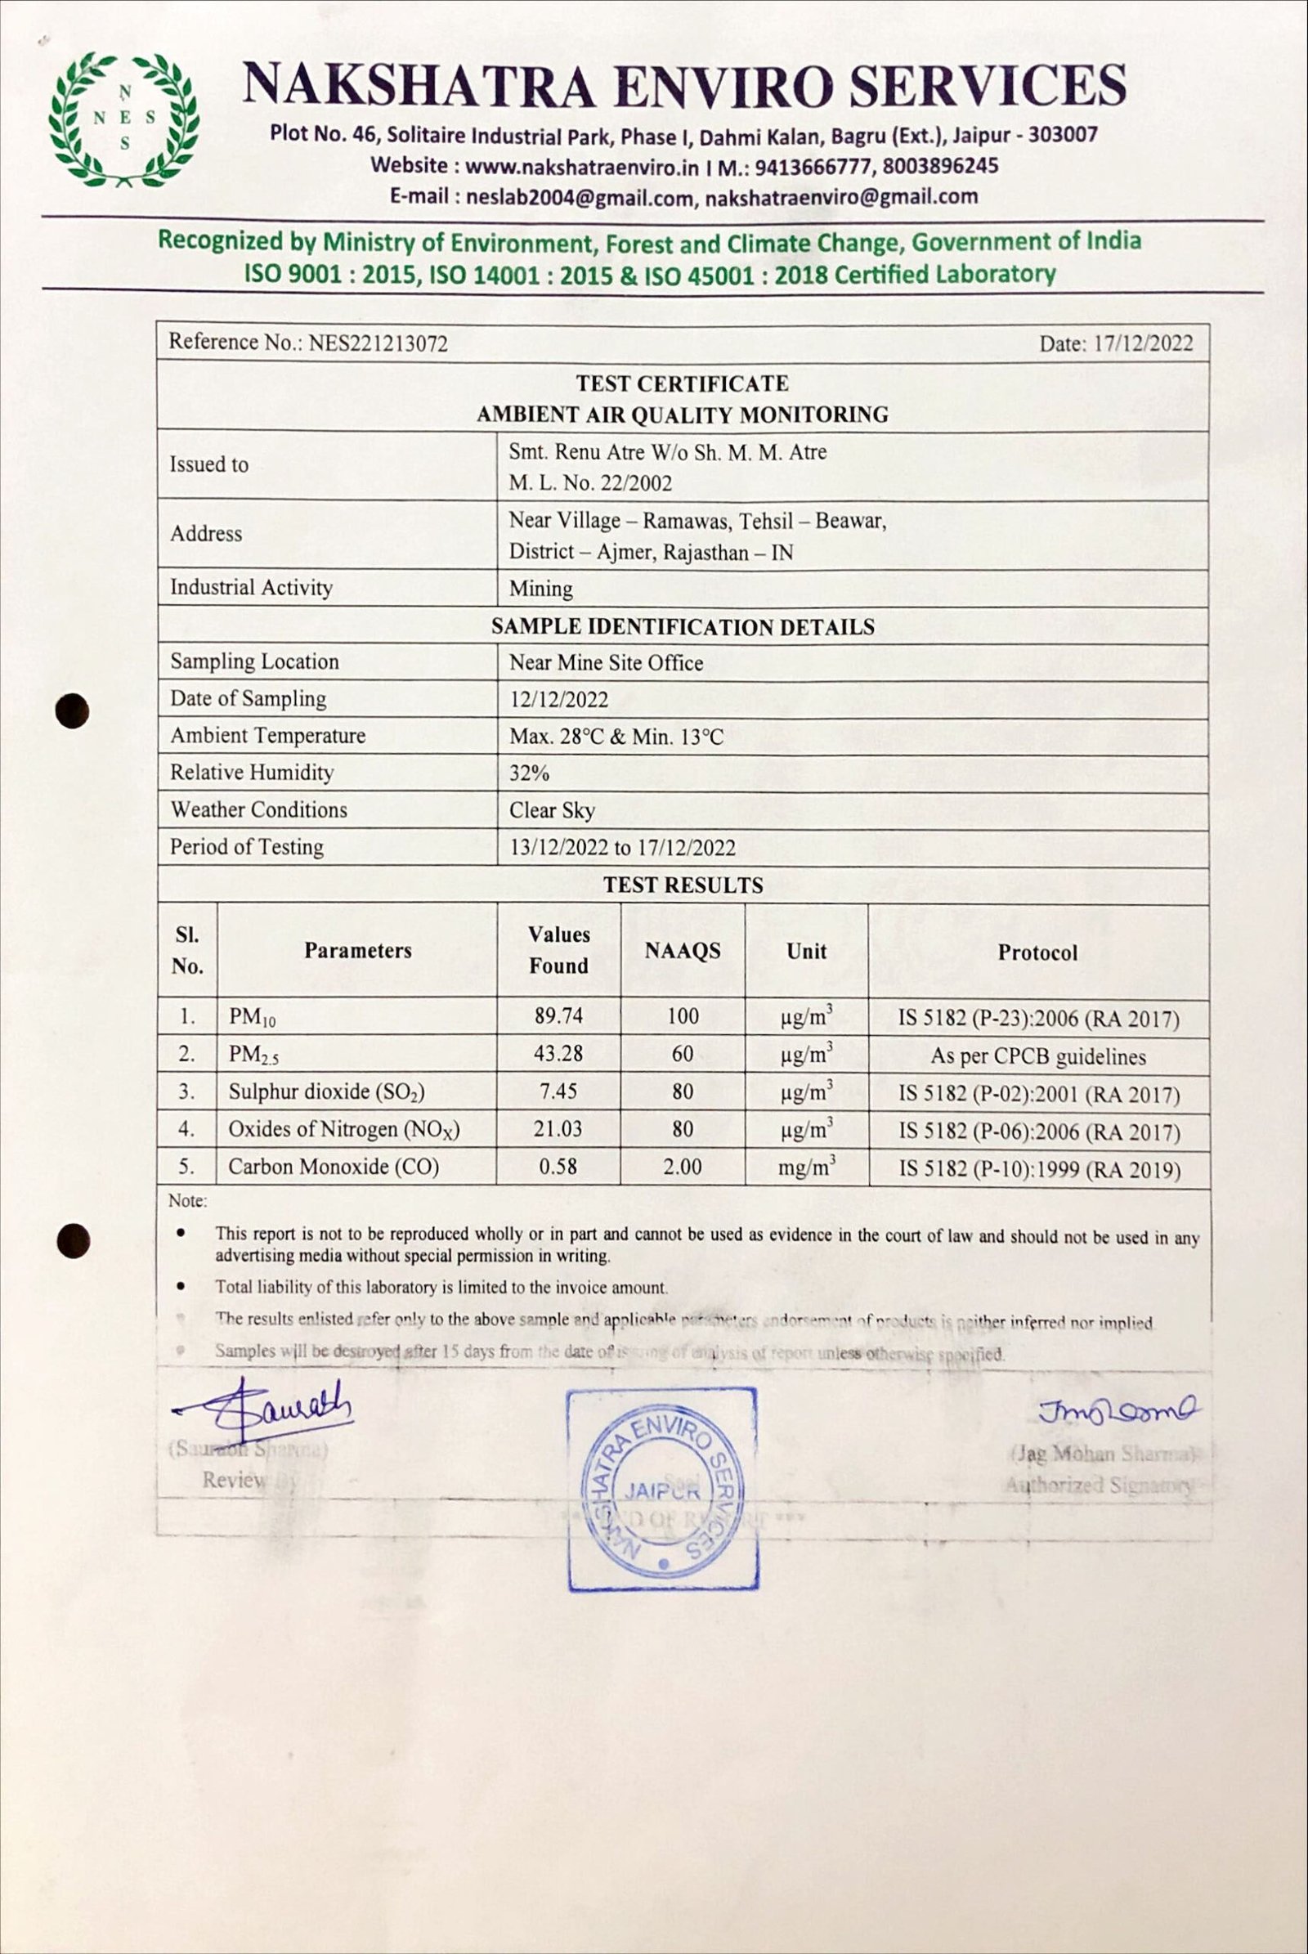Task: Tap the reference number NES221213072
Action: pos(378,343)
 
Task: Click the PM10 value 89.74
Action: pos(558,1016)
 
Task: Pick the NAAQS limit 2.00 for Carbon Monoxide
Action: pos(682,1167)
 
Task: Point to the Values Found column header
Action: pos(558,949)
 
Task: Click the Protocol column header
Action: pos(1037,952)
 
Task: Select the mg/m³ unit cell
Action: pos(806,1167)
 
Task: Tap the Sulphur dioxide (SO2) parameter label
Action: pos(326,1091)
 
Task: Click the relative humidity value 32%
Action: pos(529,773)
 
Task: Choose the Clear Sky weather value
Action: pos(551,810)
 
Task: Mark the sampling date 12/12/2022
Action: pos(558,699)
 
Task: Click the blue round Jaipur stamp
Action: pos(662,1490)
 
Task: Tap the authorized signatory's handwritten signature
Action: pos(1117,1410)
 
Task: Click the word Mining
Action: pos(540,589)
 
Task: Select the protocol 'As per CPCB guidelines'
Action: pos(1037,1056)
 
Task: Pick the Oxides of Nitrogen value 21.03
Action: pos(558,1129)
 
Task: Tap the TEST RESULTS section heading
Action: pos(683,885)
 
